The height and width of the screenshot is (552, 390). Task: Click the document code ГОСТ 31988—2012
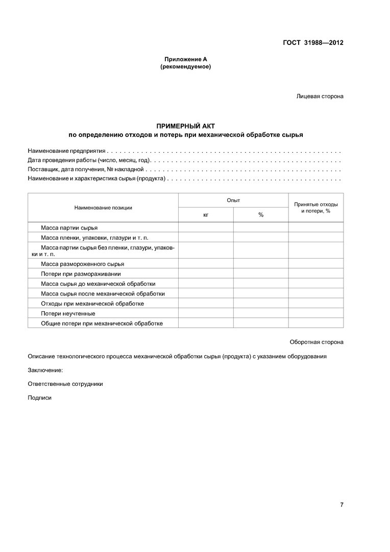[312, 43]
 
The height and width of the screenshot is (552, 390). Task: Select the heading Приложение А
[185, 59]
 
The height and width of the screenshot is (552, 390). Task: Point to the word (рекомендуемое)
[185, 67]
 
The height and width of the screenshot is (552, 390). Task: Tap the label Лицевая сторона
[320, 96]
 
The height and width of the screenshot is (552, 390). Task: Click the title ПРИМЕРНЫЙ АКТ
[186, 126]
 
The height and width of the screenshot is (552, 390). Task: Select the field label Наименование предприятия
[66, 151]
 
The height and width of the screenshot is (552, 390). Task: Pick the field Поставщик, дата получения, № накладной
[86, 169]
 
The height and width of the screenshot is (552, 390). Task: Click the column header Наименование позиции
[103, 208]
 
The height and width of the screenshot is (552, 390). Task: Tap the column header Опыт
[233, 200]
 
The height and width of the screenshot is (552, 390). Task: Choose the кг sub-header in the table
[206, 215]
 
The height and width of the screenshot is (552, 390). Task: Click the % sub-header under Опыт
[261, 215]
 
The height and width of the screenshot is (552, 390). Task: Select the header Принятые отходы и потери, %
[316, 208]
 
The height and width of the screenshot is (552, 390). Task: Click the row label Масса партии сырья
[69, 227]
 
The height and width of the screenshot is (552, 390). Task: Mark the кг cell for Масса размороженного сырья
[206, 264]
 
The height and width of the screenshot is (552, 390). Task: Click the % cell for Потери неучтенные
[261, 313]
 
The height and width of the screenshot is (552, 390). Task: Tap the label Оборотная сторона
[316, 342]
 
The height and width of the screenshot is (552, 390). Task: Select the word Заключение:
[45, 370]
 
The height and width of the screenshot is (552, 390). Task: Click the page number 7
[342, 505]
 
